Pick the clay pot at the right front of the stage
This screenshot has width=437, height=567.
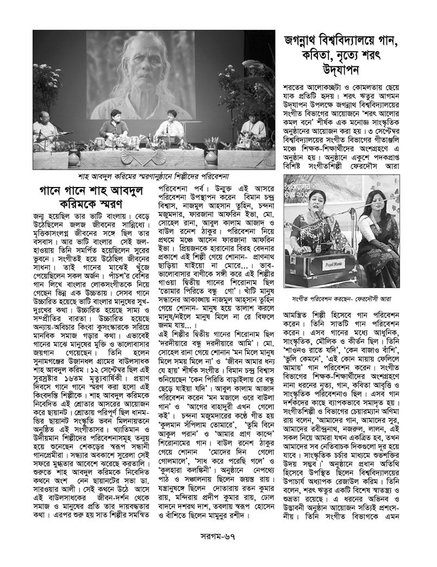(x=211, y=157)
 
